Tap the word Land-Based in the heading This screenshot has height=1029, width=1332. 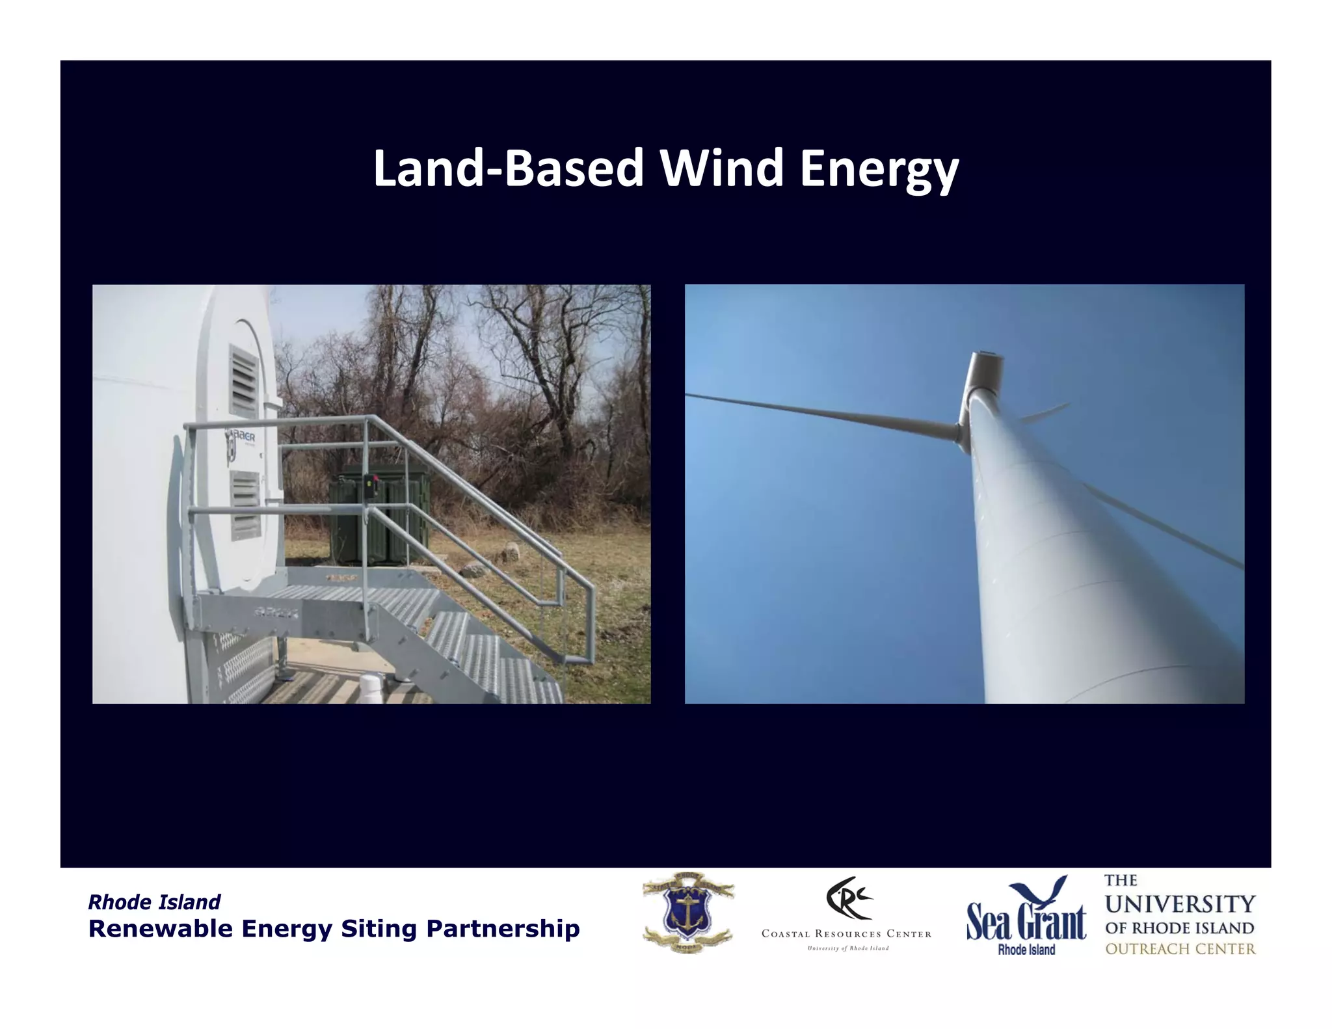508,168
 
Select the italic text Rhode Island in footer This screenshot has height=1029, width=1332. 154,902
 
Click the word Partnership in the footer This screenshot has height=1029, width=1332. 503,929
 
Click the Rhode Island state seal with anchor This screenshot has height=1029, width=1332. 688,912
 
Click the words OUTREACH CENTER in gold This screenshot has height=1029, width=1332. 1180,949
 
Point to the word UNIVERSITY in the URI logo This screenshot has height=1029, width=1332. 1180,904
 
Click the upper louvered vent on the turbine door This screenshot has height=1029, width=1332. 244,382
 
